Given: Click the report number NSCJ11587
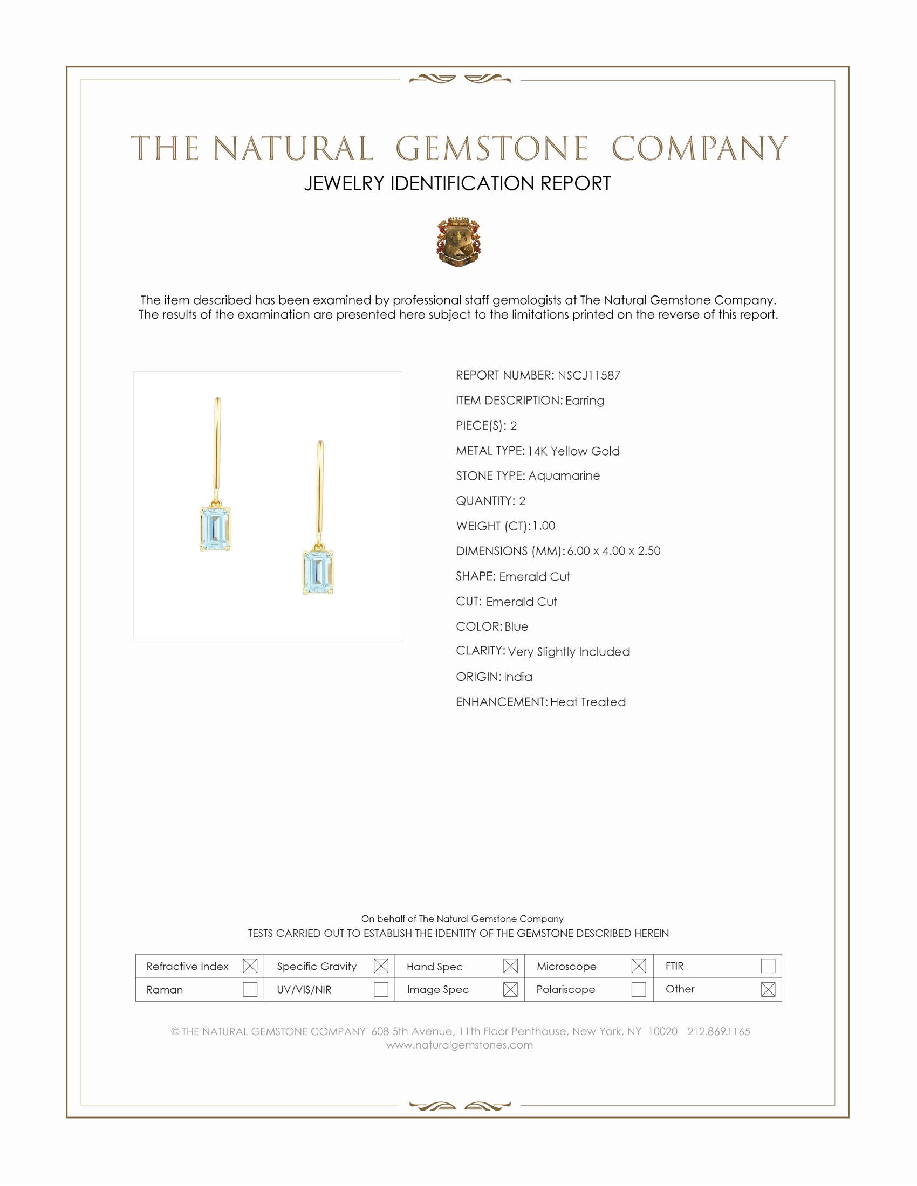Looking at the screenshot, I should [x=589, y=375].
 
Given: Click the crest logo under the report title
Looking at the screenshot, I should [x=458, y=242].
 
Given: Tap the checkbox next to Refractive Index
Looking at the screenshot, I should [x=250, y=966].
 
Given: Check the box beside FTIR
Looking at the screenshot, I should [x=768, y=966].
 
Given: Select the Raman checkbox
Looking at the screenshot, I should [x=250, y=989].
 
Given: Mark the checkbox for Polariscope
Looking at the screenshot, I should [x=639, y=989].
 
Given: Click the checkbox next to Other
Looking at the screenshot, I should [x=768, y=989].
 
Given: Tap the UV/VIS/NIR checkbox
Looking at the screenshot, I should [x=381, y=989].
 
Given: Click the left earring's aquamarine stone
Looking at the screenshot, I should [x=215, y=529].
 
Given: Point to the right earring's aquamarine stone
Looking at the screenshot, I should [x=318, y=573].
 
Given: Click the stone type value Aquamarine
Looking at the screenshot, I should [x=564, y=475].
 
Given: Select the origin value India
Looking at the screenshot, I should [x=518, y=677].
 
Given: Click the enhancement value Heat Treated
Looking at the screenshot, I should [x=588, y=702].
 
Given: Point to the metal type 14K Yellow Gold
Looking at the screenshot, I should [x=573, y=451].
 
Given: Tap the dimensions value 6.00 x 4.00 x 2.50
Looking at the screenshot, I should [x=614, y=550].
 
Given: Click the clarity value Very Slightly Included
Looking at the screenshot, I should [x=569, y=652].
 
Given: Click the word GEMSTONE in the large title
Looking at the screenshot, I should [x=492, y=149].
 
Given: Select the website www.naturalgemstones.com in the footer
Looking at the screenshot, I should [x=460, y=1045].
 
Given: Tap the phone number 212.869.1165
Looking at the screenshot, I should [x=718, y=1031].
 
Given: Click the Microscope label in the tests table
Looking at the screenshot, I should [x=566, y=967].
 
